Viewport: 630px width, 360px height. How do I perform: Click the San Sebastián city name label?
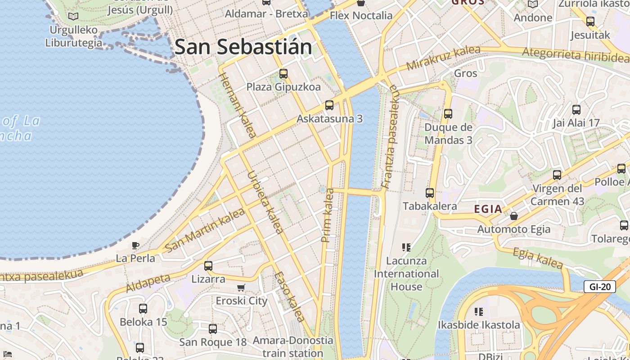click(243, 47)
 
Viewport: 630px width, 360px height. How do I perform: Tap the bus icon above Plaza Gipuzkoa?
click(283, 73)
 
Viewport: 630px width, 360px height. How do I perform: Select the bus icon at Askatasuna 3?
click(329, 105)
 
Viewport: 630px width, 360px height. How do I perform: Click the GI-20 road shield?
click(599, 287)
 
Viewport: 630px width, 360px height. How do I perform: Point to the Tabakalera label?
click(430, 206)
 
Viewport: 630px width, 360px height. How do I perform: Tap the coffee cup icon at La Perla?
click(135, 245)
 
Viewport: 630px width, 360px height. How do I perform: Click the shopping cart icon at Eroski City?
click(241, 288)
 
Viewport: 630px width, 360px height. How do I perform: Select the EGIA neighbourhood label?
click(488, 209)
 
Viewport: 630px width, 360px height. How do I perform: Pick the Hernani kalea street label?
click(238, 105)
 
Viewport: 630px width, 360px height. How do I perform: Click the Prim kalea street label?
click(328, 215)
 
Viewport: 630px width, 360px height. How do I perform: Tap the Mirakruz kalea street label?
click(443, 58)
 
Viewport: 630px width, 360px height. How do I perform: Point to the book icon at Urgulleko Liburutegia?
click(73, 16)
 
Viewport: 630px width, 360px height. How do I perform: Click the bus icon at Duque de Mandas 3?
click(448, 113)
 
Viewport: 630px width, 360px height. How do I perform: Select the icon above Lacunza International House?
click(406, 247)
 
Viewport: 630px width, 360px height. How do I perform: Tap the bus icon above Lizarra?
click(208, 265)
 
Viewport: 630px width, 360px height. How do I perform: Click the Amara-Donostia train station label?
click(293, 346)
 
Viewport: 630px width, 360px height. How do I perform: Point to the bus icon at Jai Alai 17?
click(576, 109)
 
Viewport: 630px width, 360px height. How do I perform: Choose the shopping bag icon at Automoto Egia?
click(513, 216)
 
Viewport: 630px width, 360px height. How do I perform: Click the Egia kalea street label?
click(538, 258)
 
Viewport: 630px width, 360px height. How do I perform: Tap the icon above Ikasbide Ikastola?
click(479, 311)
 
